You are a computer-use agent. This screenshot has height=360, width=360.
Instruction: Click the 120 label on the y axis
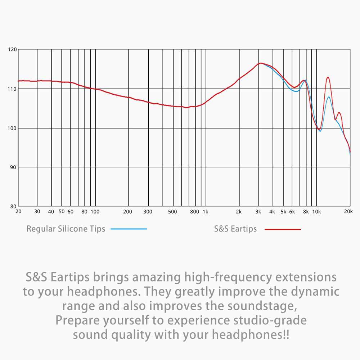(12, 49)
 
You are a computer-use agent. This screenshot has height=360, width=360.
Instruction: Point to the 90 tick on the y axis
(12, 167)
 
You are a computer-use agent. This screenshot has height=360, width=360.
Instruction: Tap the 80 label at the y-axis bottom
(12, 207)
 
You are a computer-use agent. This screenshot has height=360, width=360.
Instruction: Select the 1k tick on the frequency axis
(205, 212)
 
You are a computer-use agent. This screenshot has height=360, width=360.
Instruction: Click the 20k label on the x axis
(348, 212)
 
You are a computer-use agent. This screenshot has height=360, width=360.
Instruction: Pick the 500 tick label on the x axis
(173, 212)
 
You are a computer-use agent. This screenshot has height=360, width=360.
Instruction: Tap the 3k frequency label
(258, 212)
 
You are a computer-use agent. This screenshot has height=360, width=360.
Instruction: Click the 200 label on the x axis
(128, 212)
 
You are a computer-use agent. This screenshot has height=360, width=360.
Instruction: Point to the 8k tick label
(306, 212)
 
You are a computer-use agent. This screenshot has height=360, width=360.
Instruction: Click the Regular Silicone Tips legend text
(66, 229)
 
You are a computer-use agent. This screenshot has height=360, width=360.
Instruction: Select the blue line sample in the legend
(129, 229)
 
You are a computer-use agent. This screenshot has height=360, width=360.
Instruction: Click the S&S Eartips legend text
(235, 229)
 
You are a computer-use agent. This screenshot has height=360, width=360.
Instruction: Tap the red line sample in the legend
(283, 229)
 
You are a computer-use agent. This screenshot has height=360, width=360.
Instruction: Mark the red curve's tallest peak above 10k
(328, 77)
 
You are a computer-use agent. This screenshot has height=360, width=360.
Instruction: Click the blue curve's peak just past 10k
(329, 97)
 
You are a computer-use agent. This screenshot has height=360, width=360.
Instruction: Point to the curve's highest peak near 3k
(260, 63)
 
